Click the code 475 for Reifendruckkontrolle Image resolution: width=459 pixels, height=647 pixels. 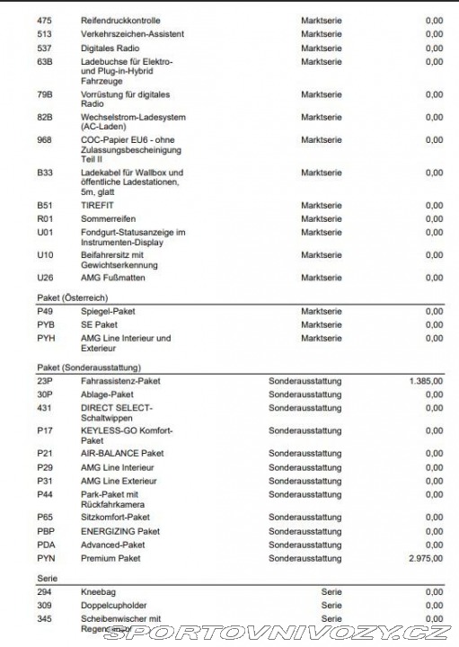(44, 20)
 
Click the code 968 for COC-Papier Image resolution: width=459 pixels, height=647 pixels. (44, 140)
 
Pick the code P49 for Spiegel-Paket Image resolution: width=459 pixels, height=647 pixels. (44, 311)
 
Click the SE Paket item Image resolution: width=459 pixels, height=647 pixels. (99, 324)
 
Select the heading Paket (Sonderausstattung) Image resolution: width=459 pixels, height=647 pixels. (88, 368)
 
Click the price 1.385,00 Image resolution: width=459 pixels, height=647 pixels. (425, 381)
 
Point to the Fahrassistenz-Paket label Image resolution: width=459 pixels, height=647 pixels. (120, 381)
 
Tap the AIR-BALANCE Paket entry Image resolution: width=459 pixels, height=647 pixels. (122, 454)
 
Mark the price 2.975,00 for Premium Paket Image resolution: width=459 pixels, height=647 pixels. (425, 558)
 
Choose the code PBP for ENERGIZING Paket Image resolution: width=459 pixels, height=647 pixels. (45, 531)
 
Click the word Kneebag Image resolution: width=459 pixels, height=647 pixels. (98, 592)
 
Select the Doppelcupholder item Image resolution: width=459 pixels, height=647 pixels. (114, 606)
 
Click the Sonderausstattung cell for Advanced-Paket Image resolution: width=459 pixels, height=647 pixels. (305, 545)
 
